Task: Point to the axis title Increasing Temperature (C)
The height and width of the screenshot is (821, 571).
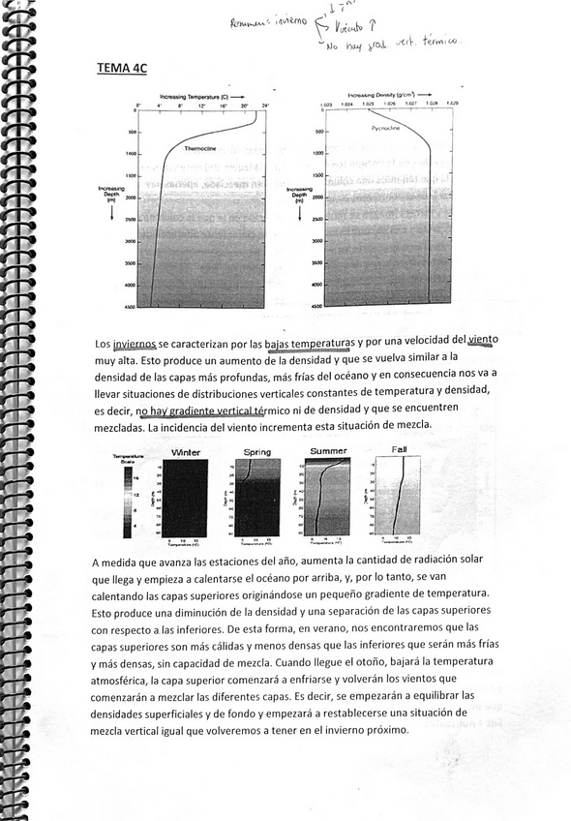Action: click(x=199, y=97)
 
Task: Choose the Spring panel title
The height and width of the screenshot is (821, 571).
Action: click(x=256, y=452)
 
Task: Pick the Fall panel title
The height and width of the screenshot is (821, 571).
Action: click(x=399, y=450)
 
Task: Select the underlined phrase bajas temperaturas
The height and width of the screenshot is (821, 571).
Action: click(x=305, y=344)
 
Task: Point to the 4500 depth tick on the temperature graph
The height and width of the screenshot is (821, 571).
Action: click(x=129, y=306)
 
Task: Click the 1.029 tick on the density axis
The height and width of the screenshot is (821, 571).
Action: click(x=453, y=104)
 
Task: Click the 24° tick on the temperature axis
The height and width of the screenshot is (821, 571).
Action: click(x=264, y=104)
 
